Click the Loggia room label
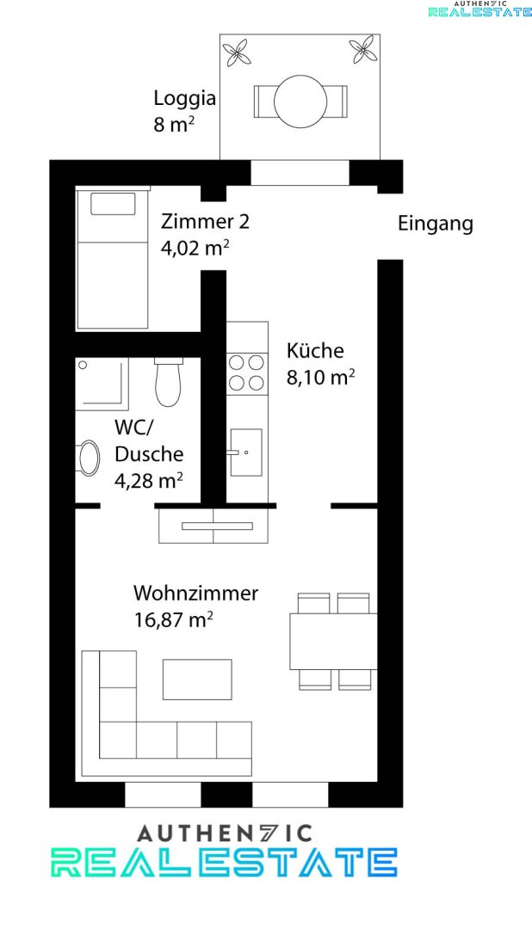[x=184, y=98]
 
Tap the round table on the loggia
[x=300, y=102]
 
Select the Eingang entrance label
[x=436, y=225]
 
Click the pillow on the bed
[x=113, y=204]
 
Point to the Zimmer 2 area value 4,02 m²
[x=195, y=248]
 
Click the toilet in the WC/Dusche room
[x=169, y=382]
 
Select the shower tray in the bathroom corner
[x=102, y=384]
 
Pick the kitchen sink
[x=245, y=452]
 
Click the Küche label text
[x=315, y=350]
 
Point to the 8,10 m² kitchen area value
[x=321, y=377]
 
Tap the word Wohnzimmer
[x=195, y=593]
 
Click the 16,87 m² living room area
[x=173, y=620]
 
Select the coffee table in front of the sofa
[x=197, y=679]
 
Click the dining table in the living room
[x=333, y=642]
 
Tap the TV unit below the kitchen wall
[x=213, y=526]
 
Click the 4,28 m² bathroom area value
[x=148, y=481]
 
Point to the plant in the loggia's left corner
[x=237, y=52]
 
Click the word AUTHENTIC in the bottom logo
[x=224, y=834]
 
